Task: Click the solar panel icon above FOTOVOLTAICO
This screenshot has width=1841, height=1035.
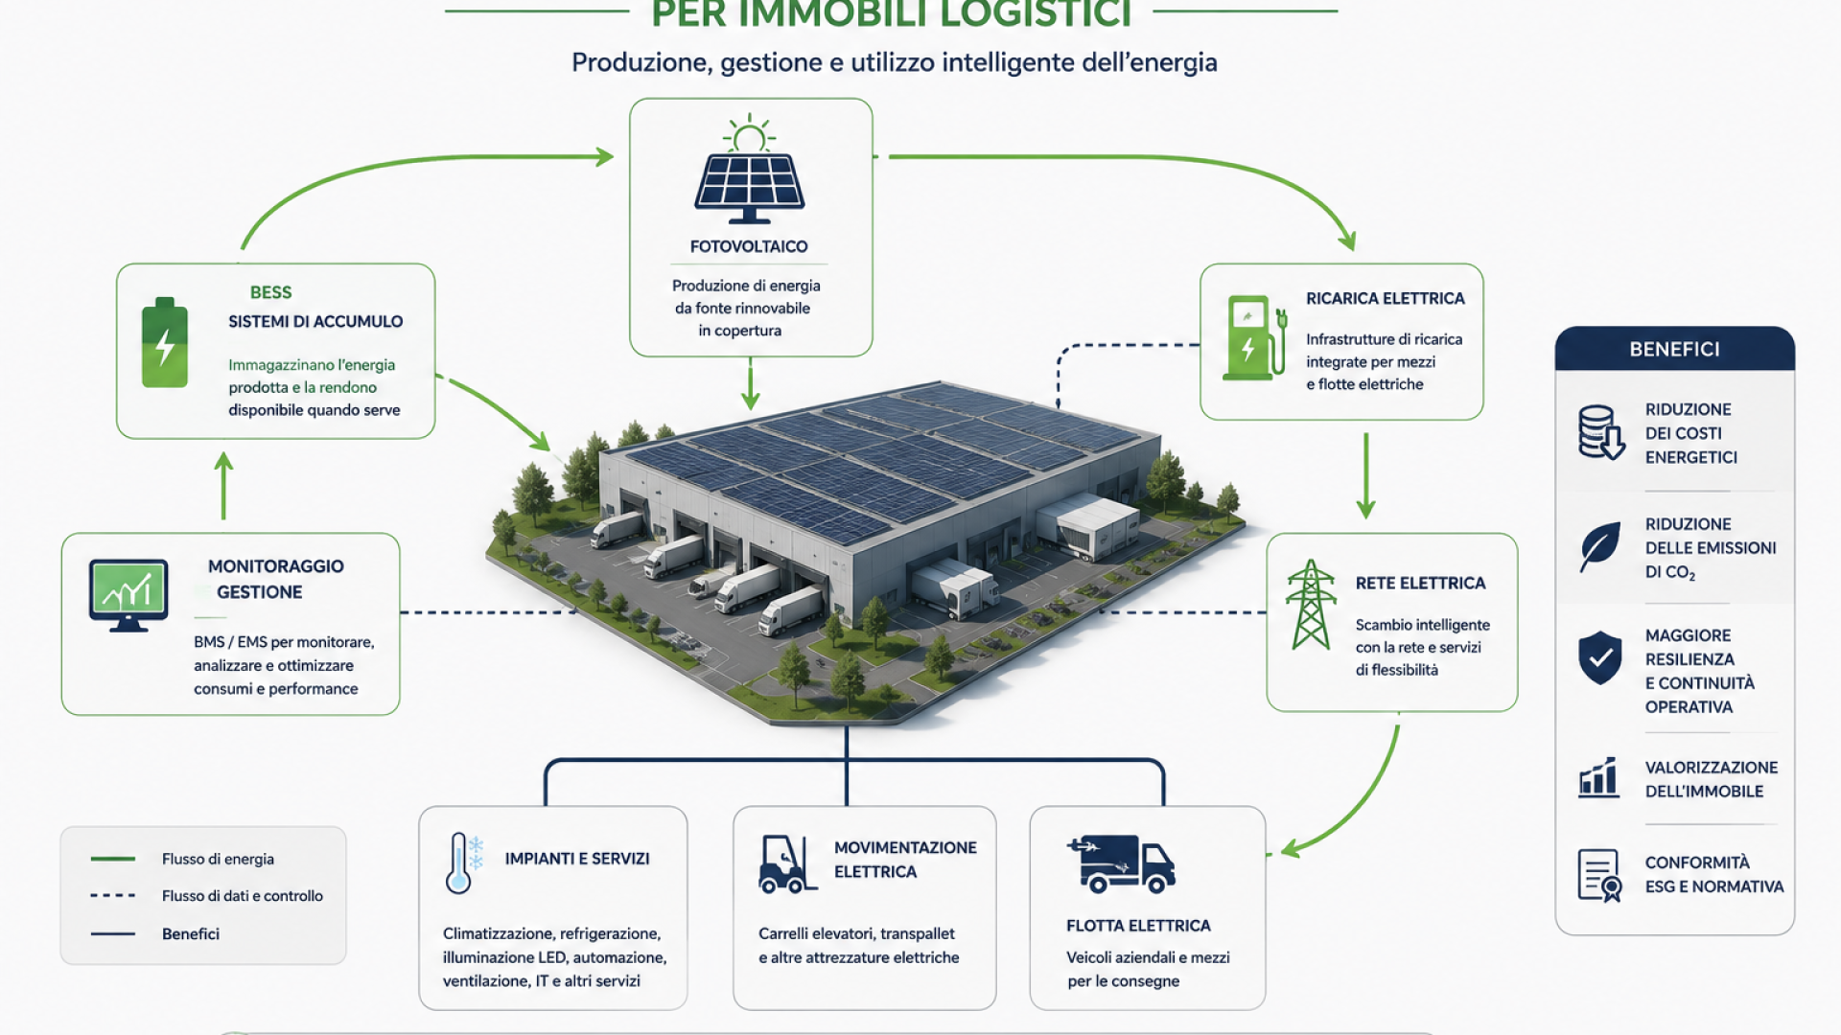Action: pyautogui.click(x=750, y=170)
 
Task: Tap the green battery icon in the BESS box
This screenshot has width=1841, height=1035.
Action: pyautogui.click(x=165, y=342)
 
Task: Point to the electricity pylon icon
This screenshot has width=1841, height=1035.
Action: pyautogui.click(x=1311, y=605)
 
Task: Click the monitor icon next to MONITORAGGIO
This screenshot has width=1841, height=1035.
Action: pyautogui.click(x=128, y=595)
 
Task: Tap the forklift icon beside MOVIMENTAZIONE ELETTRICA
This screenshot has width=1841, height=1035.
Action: pyautogui.click(x=787, y=864)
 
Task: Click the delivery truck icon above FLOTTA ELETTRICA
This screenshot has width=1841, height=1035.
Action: pyautogui.click(x=1121, y=863)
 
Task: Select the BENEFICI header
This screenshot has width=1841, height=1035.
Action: pyautogui.click(x=1675, y=349)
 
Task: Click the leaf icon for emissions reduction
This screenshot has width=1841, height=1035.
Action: pyautogui.click(x=1600, y=546)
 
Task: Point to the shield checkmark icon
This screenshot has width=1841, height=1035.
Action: pyautogui.click(x=1600, y=657)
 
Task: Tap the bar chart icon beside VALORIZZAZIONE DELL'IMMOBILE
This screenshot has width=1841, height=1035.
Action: pyautogui.click(x=1598, y=777)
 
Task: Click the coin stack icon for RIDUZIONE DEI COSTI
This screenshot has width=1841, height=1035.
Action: pyautogui.click(x=1601, y=432)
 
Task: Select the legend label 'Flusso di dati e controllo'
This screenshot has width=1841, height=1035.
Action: pyautogui.click(x=243, y=896)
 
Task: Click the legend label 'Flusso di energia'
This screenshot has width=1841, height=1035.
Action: pyautogui.click(x=218, y=859)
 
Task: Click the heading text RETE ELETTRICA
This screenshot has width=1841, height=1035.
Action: pyautogui.click(x=1420, y=583)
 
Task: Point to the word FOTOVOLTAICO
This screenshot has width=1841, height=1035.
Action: pyautogui.click(x=749, y=246)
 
